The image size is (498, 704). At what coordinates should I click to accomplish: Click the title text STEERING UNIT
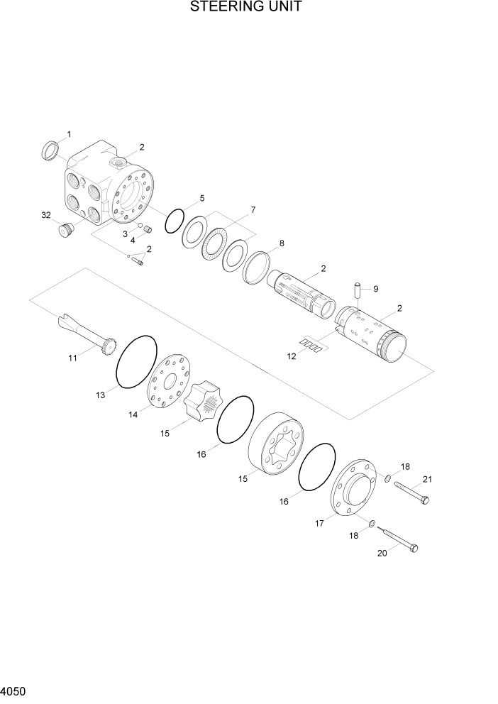tap(245, 8)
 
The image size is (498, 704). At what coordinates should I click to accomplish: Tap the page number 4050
tap(14, 691)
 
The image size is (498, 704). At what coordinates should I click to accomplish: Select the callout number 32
tap(46, 215)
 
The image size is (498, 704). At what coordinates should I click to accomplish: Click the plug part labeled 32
tap(67, 231)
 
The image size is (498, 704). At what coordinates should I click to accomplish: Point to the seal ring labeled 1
tap(51, 150)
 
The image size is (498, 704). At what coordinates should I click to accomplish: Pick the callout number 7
tap(253, 210)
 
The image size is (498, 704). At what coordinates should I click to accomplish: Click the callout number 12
tap(292, 357)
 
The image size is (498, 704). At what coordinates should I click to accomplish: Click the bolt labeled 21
tap(411, 493)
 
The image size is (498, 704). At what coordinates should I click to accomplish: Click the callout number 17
tap(319, 523)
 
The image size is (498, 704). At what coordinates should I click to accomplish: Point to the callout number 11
tap(72, 358)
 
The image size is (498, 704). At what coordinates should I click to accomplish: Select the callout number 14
tap(133, 415)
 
